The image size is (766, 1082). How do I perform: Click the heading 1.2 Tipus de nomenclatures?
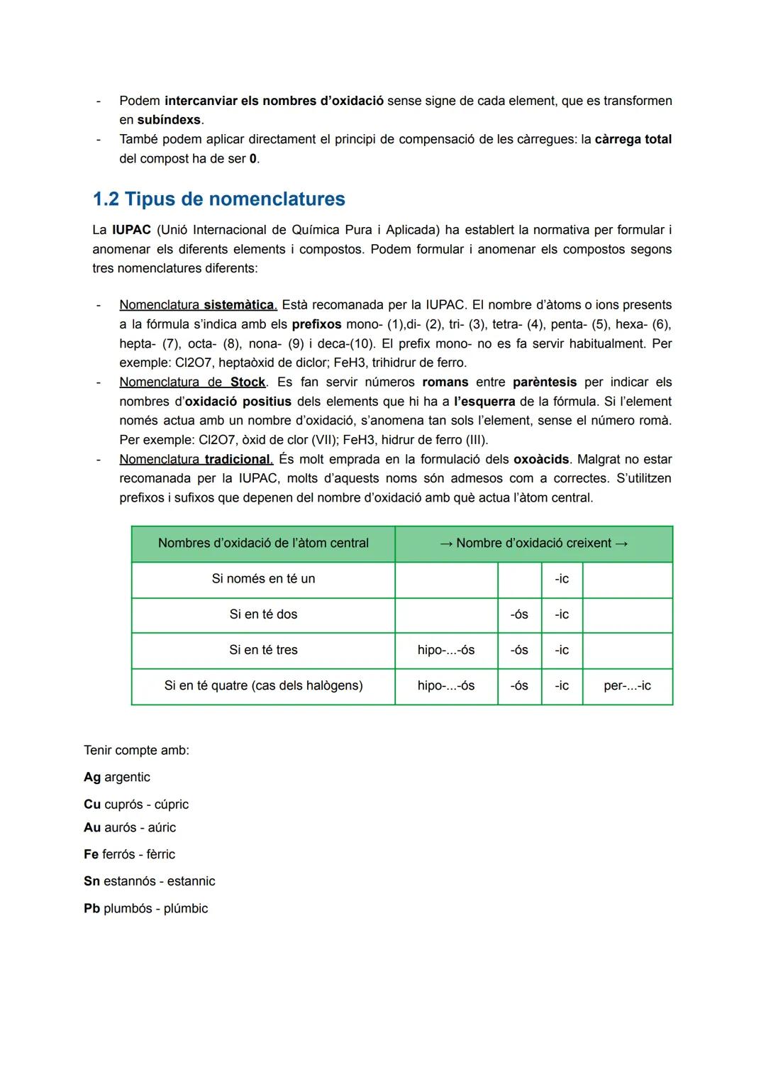218,199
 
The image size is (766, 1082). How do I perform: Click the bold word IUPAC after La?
131,230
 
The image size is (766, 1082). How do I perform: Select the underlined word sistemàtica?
240,305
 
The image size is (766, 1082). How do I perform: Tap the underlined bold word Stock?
248,382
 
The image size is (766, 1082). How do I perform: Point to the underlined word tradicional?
238,460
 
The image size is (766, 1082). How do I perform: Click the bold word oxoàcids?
541,460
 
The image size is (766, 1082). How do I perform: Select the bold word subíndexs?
169,120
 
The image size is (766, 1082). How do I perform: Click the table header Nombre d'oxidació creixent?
533,543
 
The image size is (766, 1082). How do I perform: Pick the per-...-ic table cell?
627,686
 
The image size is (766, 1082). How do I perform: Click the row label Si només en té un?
263,579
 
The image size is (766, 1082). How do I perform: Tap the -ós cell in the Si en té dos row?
519,614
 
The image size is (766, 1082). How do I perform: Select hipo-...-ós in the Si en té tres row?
446,650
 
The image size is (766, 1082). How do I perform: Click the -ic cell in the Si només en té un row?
562,579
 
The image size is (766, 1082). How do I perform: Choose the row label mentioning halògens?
263,686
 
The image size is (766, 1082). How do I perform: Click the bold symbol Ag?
92,778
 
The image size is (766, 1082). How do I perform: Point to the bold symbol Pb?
91,909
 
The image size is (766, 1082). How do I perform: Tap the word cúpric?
172,805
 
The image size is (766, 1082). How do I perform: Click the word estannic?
191,881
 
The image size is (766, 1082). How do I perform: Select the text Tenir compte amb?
136,751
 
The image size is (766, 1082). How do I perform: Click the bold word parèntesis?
545,382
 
